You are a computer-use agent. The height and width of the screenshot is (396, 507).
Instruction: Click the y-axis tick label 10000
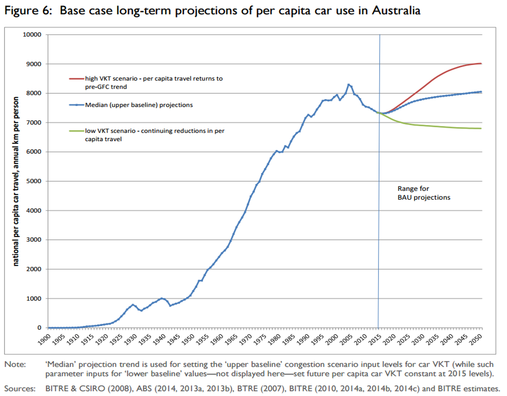tap(32, 35)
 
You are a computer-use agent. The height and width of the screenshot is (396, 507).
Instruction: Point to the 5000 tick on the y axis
tap(34, 181)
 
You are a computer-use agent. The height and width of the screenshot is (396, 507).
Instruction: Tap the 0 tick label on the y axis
tap(39, 328)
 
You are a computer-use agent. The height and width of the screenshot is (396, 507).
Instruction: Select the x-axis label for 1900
tap(44, 339)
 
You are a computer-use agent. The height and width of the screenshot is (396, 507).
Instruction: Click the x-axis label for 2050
tap(476, 339)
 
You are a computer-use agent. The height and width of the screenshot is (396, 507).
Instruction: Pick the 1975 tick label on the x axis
tap(260, 339)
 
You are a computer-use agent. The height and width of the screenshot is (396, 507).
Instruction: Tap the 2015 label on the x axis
tap(375, 339)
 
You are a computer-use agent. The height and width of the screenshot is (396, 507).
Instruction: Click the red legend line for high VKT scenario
tap(77, 79)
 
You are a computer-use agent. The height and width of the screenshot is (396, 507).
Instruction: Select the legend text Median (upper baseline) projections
tap(139, 105)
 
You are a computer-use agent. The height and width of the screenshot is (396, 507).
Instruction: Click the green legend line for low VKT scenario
tap(77, 131)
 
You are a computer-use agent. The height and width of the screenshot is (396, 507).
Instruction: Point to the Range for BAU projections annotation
tap(424, 193)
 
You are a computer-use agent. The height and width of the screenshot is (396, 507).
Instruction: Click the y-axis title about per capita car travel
tap(15, 181)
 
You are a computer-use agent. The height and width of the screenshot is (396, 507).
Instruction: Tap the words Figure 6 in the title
tap(28, 11)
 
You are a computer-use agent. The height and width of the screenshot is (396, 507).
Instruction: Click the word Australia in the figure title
tap(396, 11)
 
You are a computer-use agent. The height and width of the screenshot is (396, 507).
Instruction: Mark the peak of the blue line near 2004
tap(348, 84)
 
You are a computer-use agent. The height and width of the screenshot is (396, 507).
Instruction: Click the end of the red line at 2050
tap(481, 64)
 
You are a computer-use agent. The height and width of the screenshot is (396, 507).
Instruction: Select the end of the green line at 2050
tap(481, 128)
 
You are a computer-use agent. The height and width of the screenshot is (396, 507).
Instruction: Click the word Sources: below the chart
tap(20, 388)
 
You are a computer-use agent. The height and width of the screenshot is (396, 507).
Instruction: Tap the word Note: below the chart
tap(15, 364)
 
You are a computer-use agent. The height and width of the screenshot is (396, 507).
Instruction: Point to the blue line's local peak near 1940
tap(162, 298)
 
